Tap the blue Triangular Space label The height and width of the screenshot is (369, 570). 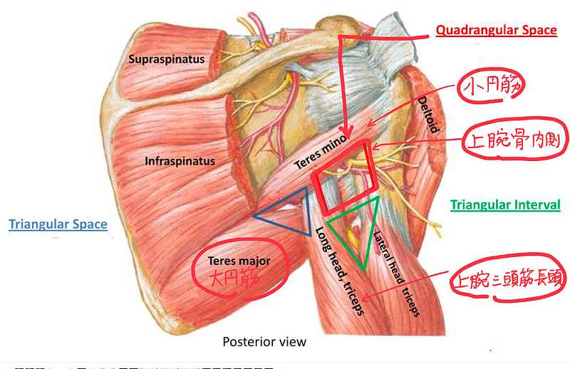[x=58, y=224]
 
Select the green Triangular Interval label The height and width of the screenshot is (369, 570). [x=505, y=205]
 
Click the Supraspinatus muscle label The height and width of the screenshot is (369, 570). [x=167, y=59]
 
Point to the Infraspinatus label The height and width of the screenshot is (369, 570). [x=180, y=161]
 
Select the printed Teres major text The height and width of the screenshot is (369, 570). [x=239, y=261]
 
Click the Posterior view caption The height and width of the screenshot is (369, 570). [x=264, y=342]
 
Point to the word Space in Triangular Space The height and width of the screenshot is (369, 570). [x=90, y=224]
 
